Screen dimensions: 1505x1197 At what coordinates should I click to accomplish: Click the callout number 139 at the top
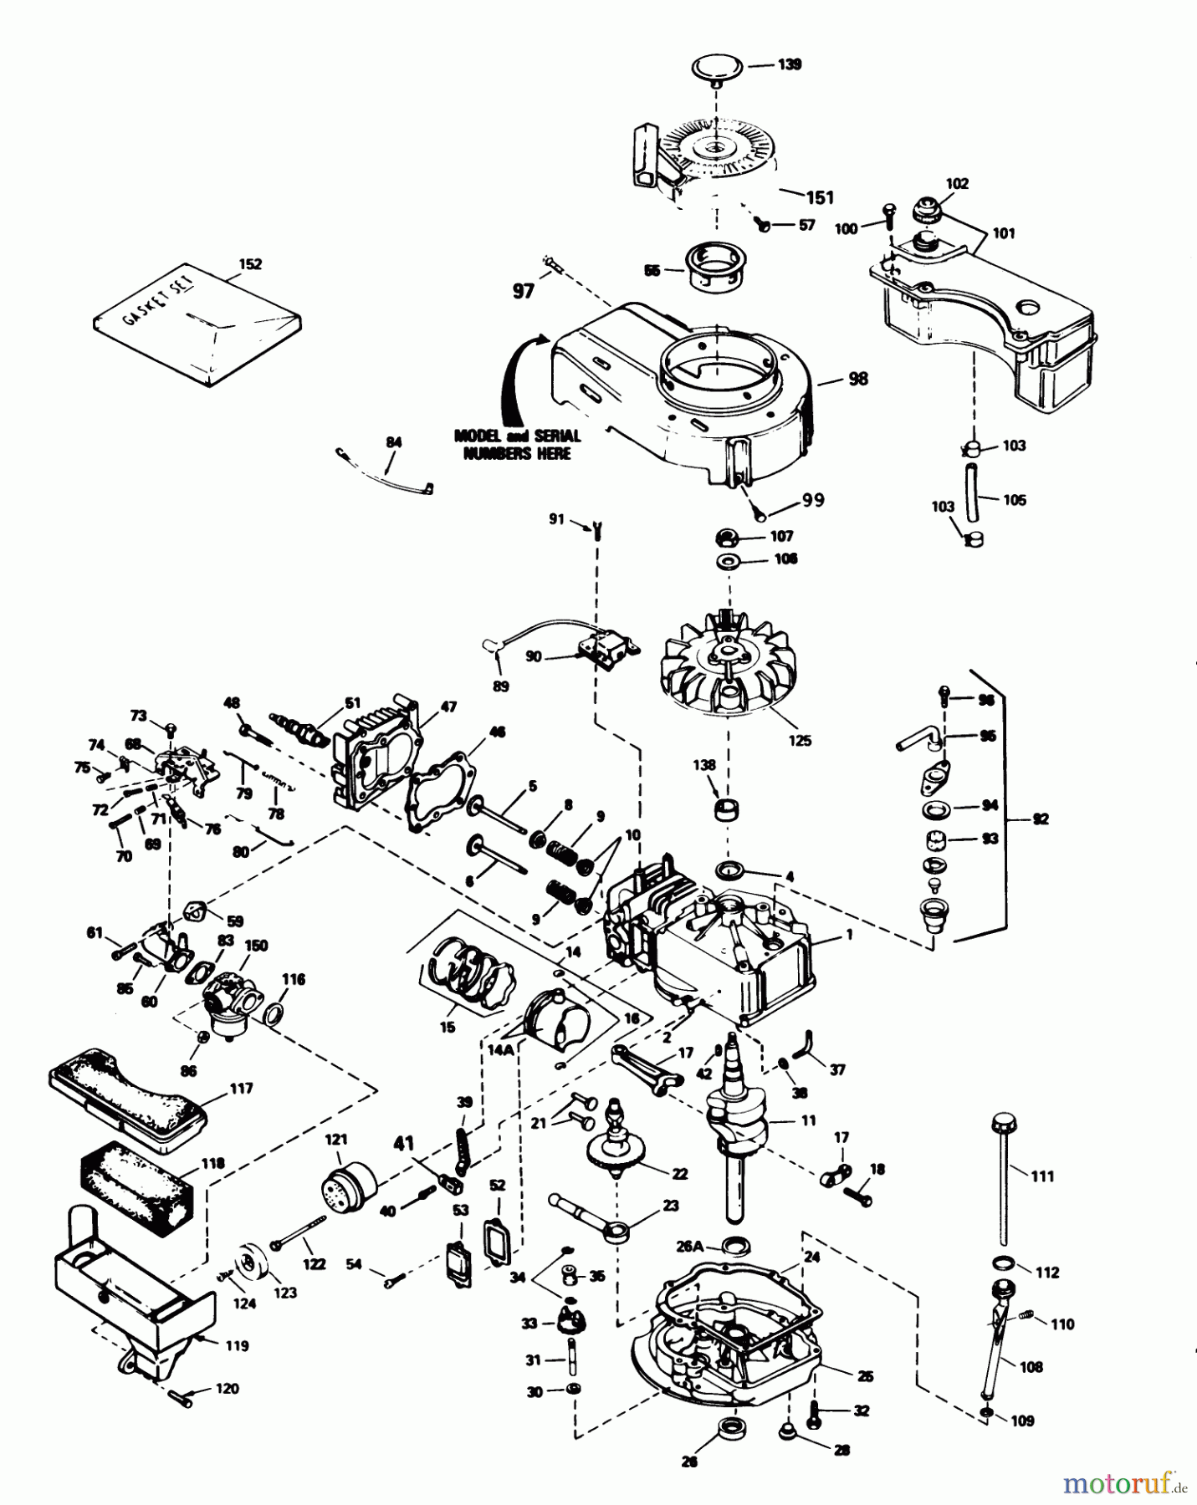coord(789,64)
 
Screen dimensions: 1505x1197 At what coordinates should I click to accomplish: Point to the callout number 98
coord(857,379)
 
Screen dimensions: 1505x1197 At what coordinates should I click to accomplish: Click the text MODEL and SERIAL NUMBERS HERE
coord(517,445)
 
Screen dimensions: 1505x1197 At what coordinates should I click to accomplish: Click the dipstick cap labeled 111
coord(1001,1122)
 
